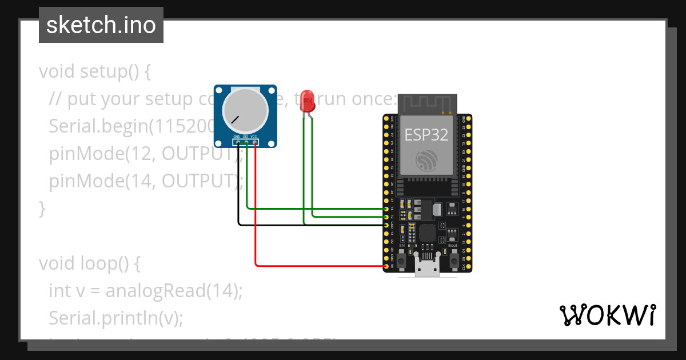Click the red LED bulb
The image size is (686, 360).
308,100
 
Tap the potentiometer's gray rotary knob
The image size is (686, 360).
245,111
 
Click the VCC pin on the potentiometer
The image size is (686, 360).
254,142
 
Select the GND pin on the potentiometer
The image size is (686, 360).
237,142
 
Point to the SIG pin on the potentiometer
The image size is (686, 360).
246,142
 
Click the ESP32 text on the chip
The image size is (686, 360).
426,135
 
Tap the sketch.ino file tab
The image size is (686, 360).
101,25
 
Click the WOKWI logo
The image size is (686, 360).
607,315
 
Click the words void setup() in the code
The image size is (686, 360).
94,72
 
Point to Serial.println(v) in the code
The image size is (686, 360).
116,318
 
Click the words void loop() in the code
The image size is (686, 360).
89,263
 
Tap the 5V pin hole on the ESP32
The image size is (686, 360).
387,266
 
